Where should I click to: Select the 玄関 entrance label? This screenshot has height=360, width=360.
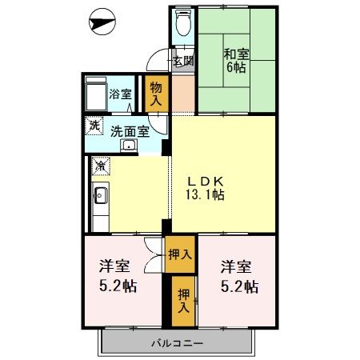tap(182, 61)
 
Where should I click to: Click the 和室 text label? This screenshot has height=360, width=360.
tap(235, 54)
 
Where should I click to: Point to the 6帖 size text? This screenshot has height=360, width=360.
tap(235, 69)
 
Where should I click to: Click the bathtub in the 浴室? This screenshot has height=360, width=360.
tap(96, 94)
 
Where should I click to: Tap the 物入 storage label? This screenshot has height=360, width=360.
tap(156, 93)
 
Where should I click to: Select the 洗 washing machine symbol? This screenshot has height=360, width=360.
tap(94, 126)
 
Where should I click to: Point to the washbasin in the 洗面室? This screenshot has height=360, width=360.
tap(128, 146)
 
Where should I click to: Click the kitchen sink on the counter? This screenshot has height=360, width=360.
tap(99, 196)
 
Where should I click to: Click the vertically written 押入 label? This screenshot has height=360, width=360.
tap(183, 299)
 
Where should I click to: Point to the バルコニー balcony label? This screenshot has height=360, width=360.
tap(177, 344)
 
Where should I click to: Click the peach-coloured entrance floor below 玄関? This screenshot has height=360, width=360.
tap(183, 92)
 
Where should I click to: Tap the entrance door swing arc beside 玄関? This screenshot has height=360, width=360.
tap(158, 61)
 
